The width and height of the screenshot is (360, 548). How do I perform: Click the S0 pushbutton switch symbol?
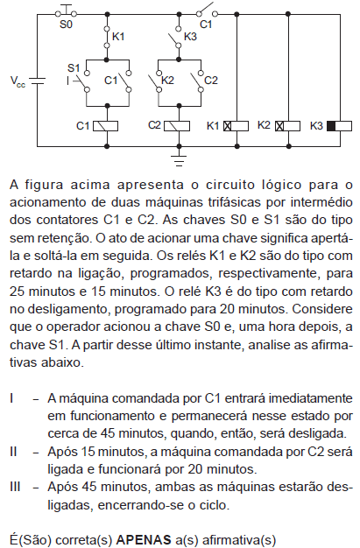(x=66, y=11)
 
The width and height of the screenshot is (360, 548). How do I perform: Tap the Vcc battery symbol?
(x=37, y=81)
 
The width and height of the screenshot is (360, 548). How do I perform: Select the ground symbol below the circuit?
(x=179, y=159)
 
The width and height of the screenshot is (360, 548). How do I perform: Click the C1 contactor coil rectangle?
(x=106, y=126)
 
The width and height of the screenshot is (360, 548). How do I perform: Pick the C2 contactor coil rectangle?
(x=177, y=126)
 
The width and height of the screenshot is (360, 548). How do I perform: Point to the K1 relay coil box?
(x=236, y=126)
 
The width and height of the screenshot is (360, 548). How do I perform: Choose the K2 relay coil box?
(x=287, y=126)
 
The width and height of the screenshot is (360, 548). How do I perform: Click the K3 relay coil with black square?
(x=339, y=126)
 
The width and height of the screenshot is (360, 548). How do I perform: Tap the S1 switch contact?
(x=82, y=81)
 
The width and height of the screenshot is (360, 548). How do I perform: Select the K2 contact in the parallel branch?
(x=155, y=81)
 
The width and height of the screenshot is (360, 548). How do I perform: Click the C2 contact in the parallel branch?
(x=196, y=81)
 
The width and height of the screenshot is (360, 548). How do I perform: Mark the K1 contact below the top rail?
(x=107, y=37)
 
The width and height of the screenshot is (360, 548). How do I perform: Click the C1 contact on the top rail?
(x=207, y=11)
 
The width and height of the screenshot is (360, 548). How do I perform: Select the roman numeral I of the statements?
(x=12, y=398)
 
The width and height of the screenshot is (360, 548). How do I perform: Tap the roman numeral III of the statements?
(x=15, y=487)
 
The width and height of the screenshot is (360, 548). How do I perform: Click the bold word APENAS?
(x=144, y=539)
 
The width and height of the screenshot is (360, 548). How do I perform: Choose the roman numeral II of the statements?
(x=13, y=451)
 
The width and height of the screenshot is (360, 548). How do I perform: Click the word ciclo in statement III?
(x=214, y=505)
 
